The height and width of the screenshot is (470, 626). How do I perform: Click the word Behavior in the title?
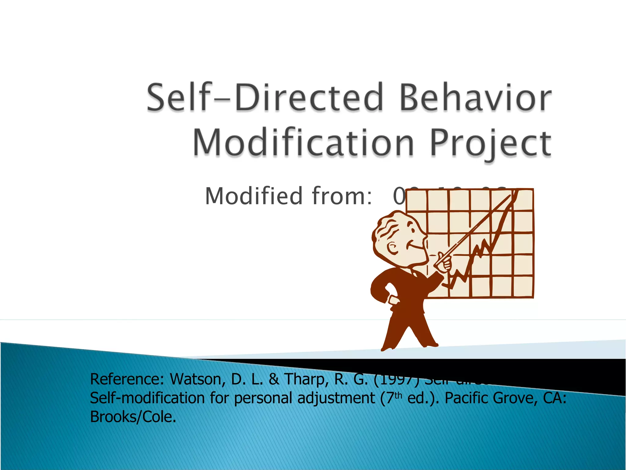point(475,98)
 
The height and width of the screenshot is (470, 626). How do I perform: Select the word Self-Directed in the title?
point(265,98)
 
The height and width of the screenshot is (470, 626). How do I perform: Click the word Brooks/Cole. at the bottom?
point(133,417)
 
